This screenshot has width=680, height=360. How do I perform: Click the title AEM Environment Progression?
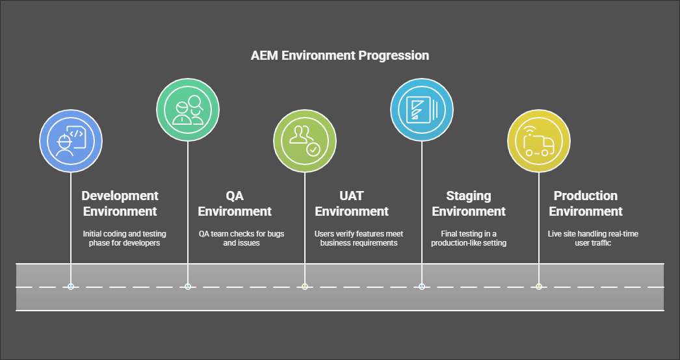339,55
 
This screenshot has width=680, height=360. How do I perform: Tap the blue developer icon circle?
71,141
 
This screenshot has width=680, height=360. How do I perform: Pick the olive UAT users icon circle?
305,141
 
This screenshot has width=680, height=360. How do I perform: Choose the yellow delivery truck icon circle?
539,141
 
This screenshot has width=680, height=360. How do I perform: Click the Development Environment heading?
120,203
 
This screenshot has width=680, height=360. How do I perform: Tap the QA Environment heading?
235,203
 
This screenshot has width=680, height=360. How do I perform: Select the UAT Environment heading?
352,203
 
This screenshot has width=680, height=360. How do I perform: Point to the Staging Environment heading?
469,203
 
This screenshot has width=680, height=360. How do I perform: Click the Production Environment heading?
586,203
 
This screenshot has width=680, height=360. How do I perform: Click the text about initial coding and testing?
125,238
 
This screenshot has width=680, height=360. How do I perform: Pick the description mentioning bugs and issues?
241,238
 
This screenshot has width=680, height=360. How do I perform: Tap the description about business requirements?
359,238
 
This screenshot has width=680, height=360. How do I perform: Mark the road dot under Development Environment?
71,287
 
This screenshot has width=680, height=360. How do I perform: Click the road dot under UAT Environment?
305,287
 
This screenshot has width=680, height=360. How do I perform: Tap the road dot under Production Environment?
539,287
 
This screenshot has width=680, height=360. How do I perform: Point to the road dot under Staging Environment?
422,287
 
